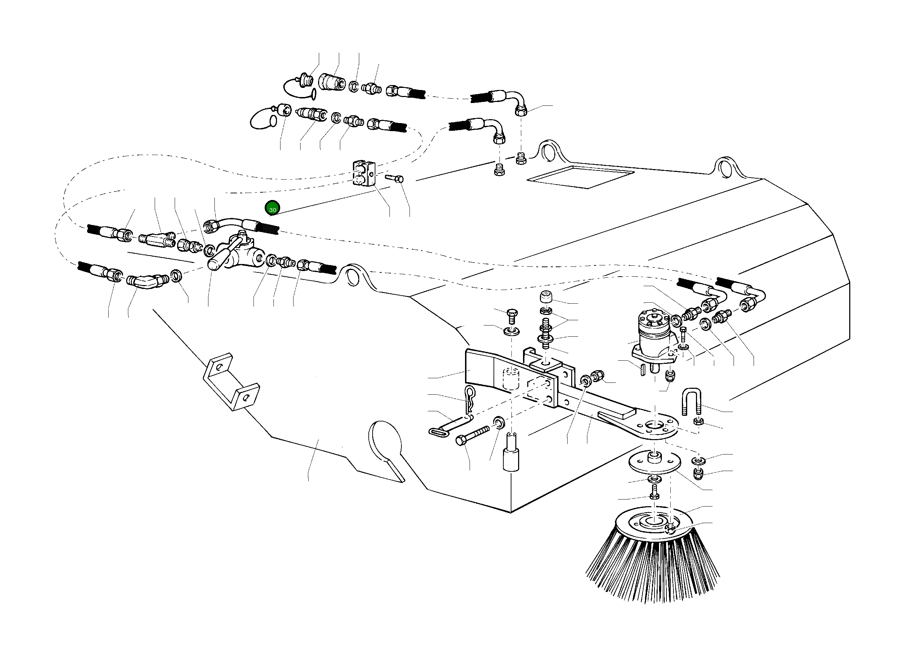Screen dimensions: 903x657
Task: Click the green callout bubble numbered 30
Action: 272,208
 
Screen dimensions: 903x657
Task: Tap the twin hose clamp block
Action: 363,174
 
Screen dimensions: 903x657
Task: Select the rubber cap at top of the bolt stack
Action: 546,297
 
